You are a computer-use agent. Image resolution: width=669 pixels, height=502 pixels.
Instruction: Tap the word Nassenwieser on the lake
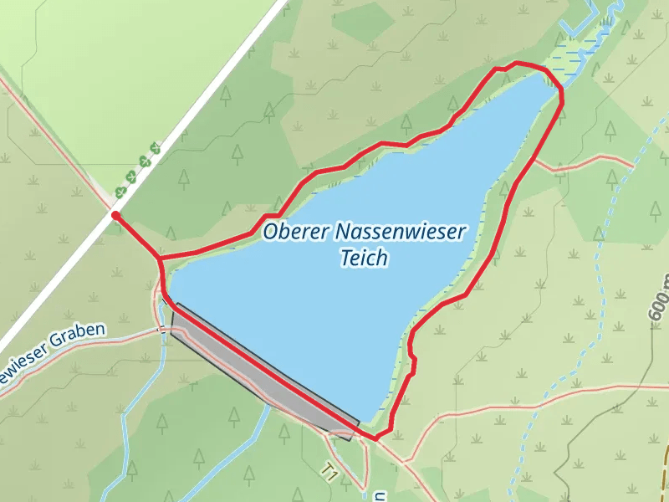(x=398, y=231)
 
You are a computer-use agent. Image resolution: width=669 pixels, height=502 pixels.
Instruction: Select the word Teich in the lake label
(x=365, y=258)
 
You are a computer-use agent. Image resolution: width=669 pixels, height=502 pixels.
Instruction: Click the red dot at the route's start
(x=115, y=216)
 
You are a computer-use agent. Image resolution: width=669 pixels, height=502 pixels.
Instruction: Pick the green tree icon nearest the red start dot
(x=121, y=192)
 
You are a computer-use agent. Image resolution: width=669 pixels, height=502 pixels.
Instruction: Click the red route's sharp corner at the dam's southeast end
(x=375, y=438)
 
